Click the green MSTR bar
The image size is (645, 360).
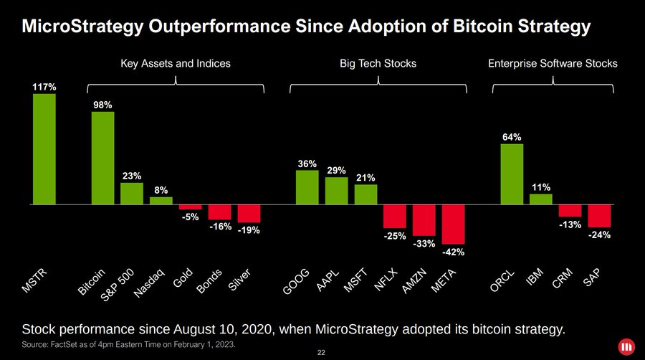44,149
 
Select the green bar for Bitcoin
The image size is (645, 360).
102,158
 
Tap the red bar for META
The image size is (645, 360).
453,224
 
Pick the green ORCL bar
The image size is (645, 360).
512,174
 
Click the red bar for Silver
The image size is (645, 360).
249,213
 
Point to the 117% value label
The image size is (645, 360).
44,87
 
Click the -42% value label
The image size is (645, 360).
453,252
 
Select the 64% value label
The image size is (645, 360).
512,136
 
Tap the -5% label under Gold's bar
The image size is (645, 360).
190,217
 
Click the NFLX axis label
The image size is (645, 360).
386,280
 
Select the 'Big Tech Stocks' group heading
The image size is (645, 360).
378,64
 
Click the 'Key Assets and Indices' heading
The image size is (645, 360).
175,64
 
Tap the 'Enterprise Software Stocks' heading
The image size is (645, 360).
553,64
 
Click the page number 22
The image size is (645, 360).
321,353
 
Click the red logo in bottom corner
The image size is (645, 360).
627,346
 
